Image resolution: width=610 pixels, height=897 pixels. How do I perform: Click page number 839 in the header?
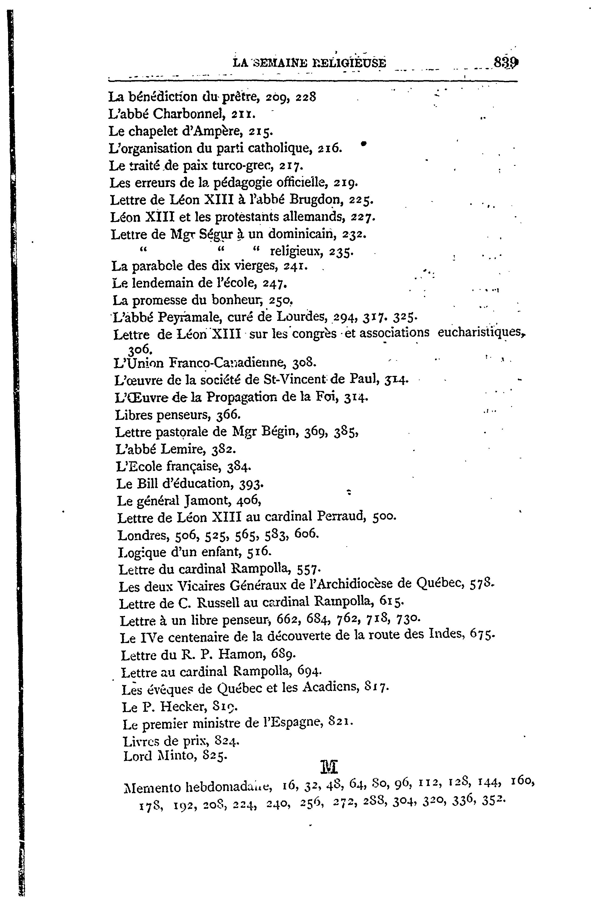(x=505, y=63)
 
